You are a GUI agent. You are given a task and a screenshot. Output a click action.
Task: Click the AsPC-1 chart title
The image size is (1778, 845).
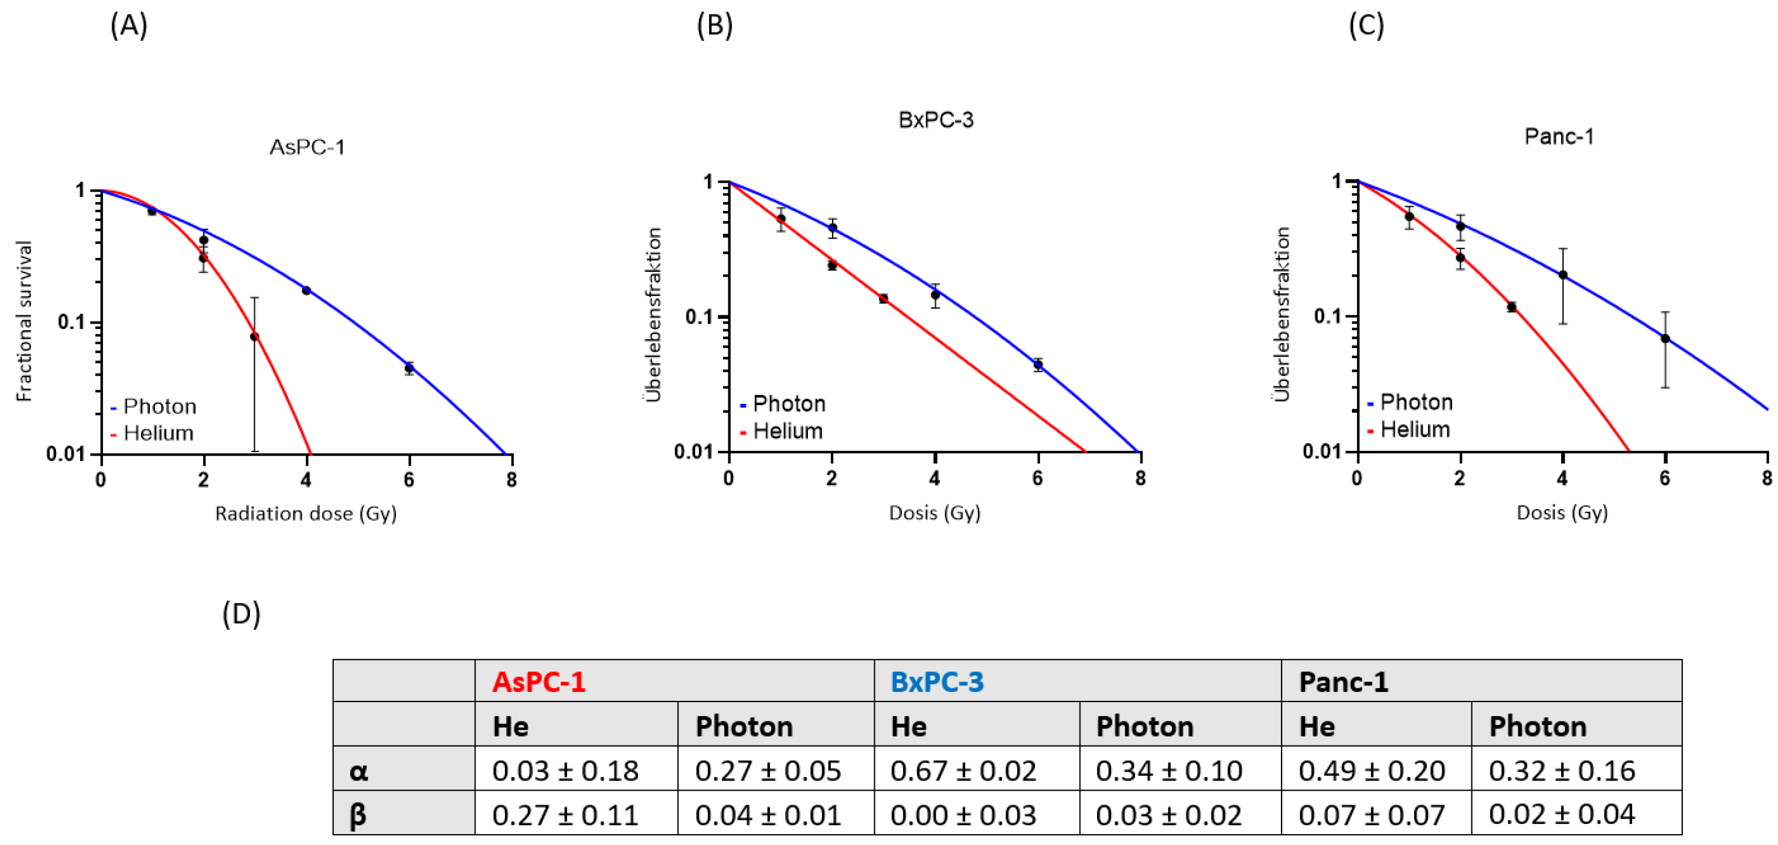(x=307, y=147)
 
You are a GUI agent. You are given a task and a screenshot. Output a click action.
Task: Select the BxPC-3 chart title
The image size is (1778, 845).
(x=936, y=120)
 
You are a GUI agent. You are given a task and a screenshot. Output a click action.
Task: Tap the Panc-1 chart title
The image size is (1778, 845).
(x=1559, y=137)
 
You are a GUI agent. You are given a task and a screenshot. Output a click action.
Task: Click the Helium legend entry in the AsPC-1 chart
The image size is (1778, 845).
(x=152, y=433)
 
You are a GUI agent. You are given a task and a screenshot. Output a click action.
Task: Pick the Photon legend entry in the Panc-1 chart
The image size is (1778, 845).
(x=1410, y=403)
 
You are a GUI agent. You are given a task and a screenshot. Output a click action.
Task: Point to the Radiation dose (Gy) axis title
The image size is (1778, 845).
(x=305, y=514)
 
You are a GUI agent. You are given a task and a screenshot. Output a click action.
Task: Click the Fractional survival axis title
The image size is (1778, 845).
(x=24, y=321)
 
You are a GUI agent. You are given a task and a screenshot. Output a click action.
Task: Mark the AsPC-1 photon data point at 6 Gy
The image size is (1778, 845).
(x=409, y=368)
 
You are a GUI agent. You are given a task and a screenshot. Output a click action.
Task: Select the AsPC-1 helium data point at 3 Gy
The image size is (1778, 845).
(x=255, y=337)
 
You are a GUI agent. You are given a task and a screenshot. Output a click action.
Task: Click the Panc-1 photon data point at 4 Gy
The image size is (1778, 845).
(x=1564, y=275)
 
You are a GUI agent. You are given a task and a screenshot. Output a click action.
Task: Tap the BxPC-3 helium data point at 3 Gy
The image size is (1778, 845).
(x=883, y=298)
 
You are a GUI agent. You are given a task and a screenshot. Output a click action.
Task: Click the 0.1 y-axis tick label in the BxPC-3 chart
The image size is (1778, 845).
(x=701, y=317)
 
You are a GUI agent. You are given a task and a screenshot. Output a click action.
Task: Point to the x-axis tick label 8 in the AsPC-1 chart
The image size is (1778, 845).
(x=512, y=480)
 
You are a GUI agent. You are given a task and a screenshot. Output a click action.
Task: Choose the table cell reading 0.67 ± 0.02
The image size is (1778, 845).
(x=963, y=770)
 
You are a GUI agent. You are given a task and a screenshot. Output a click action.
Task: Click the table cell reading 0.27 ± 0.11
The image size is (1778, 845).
(x=565, y=815)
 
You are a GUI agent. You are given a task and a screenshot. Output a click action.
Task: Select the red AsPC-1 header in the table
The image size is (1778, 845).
(x=539, y=682)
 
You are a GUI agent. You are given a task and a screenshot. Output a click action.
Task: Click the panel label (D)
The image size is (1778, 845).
(x=242, y=614)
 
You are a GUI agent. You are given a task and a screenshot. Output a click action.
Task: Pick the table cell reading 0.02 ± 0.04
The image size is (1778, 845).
(x=1561, y=815)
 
